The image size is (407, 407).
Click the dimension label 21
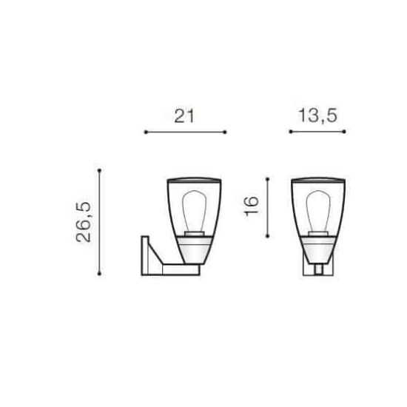coord(184,116)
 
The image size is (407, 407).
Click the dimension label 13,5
coord(317,115)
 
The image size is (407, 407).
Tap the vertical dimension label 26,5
coord(84,222)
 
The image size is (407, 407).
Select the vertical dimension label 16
coord(252,206)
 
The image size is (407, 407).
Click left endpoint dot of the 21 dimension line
coord(146,132)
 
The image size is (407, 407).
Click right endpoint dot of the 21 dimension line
coord(225,132)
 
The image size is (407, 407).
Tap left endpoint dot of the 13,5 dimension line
coord(291,132)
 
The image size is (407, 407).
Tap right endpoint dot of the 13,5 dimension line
coord(344,132)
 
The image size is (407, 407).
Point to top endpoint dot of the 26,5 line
coord(99,170)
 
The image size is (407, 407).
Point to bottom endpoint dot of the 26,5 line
coord(99,274)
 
